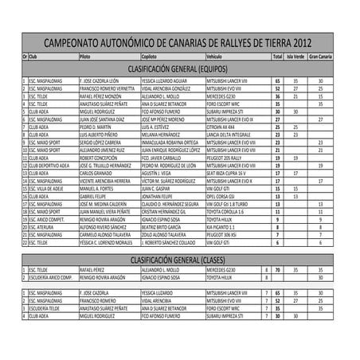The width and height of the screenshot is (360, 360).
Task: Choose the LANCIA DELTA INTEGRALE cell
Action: click(229, 135)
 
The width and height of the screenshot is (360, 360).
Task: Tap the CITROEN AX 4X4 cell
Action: click(220, 127)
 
